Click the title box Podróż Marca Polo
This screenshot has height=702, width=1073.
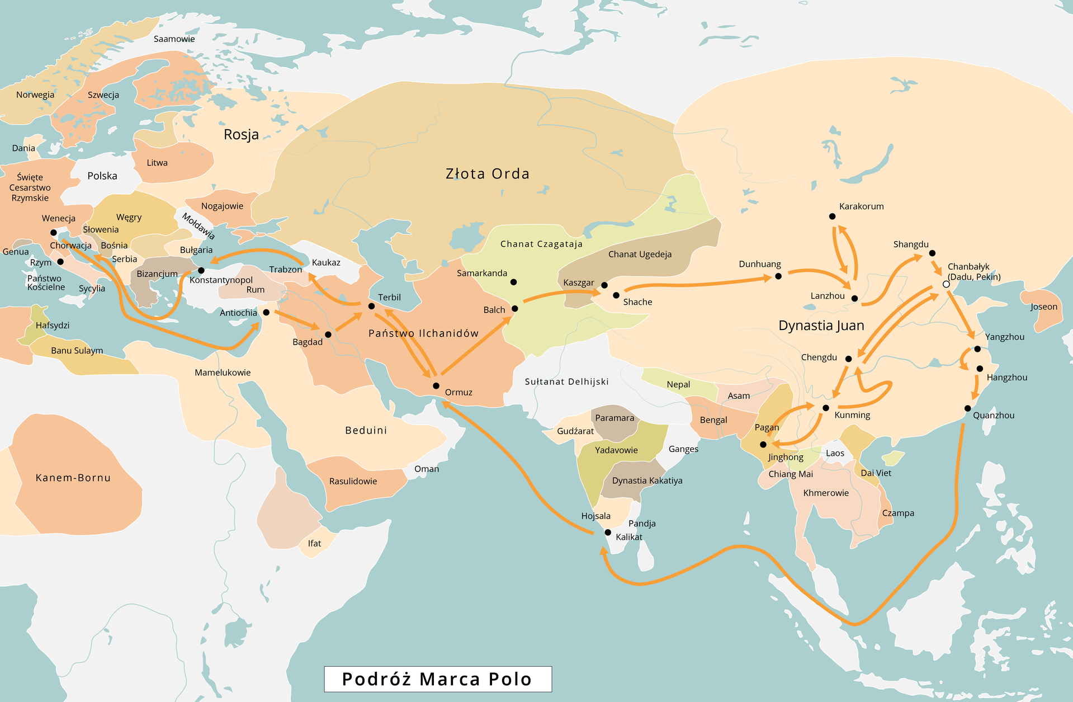pyautogui.click(x=438, y=679)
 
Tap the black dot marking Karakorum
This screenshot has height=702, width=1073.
pyautogui.click(x=832, y=216)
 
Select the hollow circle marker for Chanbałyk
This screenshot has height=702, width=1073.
pyautogui.click(x=946, y=285)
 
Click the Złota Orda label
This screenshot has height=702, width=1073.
pyautogui.click(x=487, y=174)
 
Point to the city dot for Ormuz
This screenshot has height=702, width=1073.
pyautogui.click(x=436, y=386)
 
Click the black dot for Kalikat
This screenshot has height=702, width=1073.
pyautogui.click(x=608, y=533)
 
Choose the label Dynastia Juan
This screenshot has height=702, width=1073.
pyautogui.click(x=821, y=326)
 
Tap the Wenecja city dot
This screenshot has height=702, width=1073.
pyautogui.click(x=54, y=233)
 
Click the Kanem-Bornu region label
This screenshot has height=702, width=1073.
pyautogui.click(x=73, y=478)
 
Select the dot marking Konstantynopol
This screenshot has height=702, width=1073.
pyautogui.click(x=201, y=271)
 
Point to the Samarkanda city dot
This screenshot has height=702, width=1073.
pyautogui.click(x=514, y=282)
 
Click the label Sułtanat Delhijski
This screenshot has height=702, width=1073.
pyautogui.click(x=566, y=381)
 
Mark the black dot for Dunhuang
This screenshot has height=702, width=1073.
pyautogui.click(x=778, y=276)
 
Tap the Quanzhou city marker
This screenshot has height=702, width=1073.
pyautogui.click(x=967, y=408)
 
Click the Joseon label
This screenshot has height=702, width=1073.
pyautogui.click(x=1044, y=307)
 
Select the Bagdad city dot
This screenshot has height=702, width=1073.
pyautogui.click(x=328, y=334)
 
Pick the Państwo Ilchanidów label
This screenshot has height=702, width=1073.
pyautogui.click(x=423, y=333)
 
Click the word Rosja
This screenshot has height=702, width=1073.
pyautogui.click(x=241, y=134)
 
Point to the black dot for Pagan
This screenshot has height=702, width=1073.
pyautogui.click(x=763, y=445)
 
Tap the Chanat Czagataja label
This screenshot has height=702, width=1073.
pyautogui.click(x=541, y=244)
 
